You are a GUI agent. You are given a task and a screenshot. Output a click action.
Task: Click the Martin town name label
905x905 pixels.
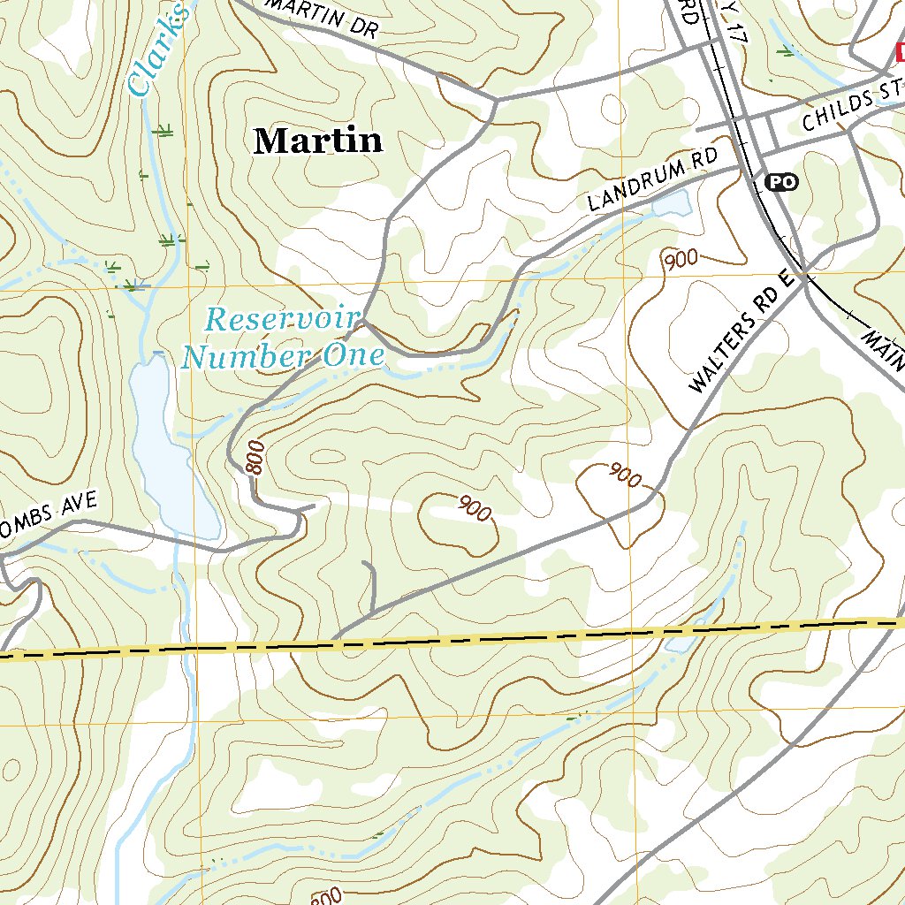pos(318,141)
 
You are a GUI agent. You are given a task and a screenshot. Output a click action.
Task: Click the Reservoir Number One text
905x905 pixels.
pos(283,338)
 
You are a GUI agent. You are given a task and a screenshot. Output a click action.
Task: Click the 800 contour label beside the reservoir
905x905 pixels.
pos(255,458)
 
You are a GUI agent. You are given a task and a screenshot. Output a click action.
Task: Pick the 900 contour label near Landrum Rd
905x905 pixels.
pos(681,259)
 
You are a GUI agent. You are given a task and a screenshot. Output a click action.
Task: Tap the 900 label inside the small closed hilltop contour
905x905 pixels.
pos(475,508)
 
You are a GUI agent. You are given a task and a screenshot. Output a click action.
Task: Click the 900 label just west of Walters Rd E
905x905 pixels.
pos(624,475)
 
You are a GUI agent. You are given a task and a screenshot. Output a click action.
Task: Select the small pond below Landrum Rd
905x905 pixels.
pos(671,204)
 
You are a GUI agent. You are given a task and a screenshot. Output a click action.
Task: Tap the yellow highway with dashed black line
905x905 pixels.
pos(530,636)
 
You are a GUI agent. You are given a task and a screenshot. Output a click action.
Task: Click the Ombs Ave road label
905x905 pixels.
pos(53,510)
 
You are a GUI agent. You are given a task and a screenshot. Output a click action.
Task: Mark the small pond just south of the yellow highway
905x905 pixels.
pos(678,646)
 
